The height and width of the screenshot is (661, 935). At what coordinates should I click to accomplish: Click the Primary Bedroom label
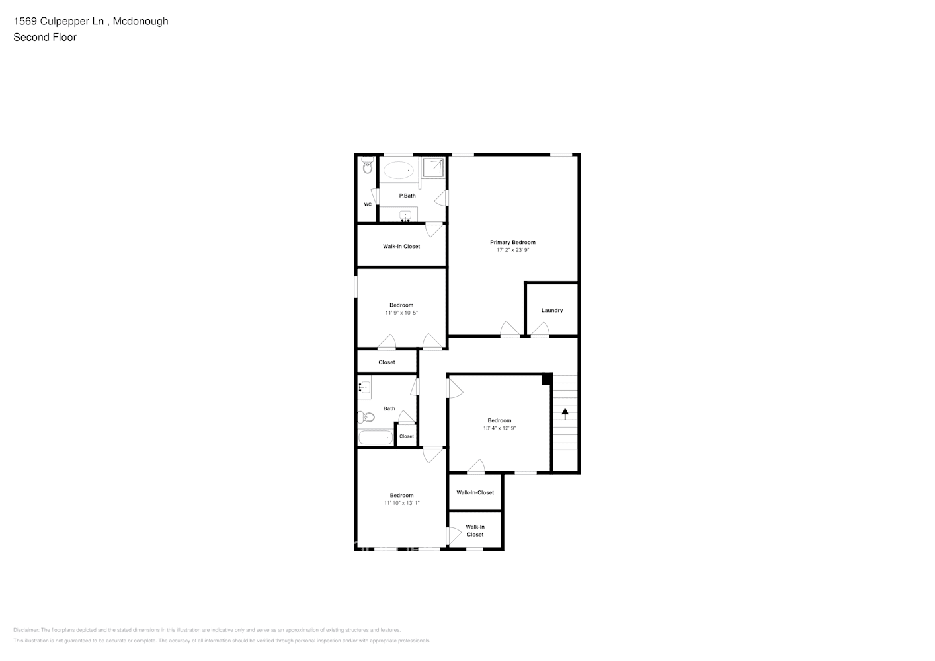(512, 242)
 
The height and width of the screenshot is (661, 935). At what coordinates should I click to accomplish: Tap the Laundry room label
(552, 311)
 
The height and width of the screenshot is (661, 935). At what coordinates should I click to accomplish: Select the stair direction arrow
(565, 414)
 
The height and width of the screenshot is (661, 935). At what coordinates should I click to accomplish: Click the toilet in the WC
(368, 167)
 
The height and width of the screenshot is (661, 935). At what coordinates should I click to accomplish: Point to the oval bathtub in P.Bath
(398, 171)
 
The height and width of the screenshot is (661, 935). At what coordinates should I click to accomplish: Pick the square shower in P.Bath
(434, 168)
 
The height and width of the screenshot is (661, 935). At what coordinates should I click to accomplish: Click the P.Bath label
(407, 196)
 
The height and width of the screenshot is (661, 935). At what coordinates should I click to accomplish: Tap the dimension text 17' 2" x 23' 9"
(512, 251)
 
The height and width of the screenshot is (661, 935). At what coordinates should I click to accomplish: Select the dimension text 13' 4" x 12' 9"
(499, 428)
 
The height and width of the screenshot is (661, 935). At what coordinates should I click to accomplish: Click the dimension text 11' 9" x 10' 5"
(401, 313)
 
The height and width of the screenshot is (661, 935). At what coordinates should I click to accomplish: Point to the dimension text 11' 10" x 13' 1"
(401, 503)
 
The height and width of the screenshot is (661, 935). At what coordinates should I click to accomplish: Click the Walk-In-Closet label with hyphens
(475, 492)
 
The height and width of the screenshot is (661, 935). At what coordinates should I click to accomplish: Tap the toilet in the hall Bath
(366, 417)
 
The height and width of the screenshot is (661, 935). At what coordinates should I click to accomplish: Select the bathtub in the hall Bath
(375, 438)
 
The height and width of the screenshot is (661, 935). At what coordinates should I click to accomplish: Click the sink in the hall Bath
(364, 387)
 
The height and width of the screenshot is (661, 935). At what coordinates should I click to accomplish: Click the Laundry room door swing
(540, 329)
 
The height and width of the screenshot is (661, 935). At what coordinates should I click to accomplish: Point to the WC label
(368, 204)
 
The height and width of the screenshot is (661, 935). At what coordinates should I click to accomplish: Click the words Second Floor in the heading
(45, 37)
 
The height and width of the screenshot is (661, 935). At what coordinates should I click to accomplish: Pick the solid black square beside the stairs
(547, 379)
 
